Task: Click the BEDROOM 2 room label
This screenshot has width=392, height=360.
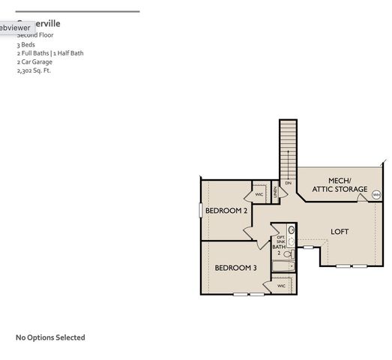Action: [x=226, y=211]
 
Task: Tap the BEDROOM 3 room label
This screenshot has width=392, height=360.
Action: [x=235, y=268]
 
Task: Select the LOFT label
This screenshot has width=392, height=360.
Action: [x=340, y=232]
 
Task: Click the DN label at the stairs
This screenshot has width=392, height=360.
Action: [x=288, y=183]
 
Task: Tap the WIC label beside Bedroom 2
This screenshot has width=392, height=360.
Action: [x=259, y=194]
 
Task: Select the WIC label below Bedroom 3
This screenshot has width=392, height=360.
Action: [x=281, y=286]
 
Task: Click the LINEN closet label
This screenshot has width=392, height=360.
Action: [x=276, y=193]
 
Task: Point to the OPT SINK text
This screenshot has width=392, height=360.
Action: [x=280, y=233]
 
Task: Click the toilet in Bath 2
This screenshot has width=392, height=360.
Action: [x=286, y=255]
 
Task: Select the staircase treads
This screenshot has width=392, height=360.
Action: [x=289, y=146]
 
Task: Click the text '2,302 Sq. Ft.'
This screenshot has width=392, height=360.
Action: [x=34, y=70]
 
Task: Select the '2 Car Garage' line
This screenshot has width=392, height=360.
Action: [x=34, y=61]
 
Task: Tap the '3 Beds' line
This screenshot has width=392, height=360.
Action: [x=25, y=44]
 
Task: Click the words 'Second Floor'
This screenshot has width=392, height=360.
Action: [x=35, y=35]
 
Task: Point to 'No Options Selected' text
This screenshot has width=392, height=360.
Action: [x=50, y=337]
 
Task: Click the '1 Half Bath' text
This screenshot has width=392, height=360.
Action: [x=67, y=53]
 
